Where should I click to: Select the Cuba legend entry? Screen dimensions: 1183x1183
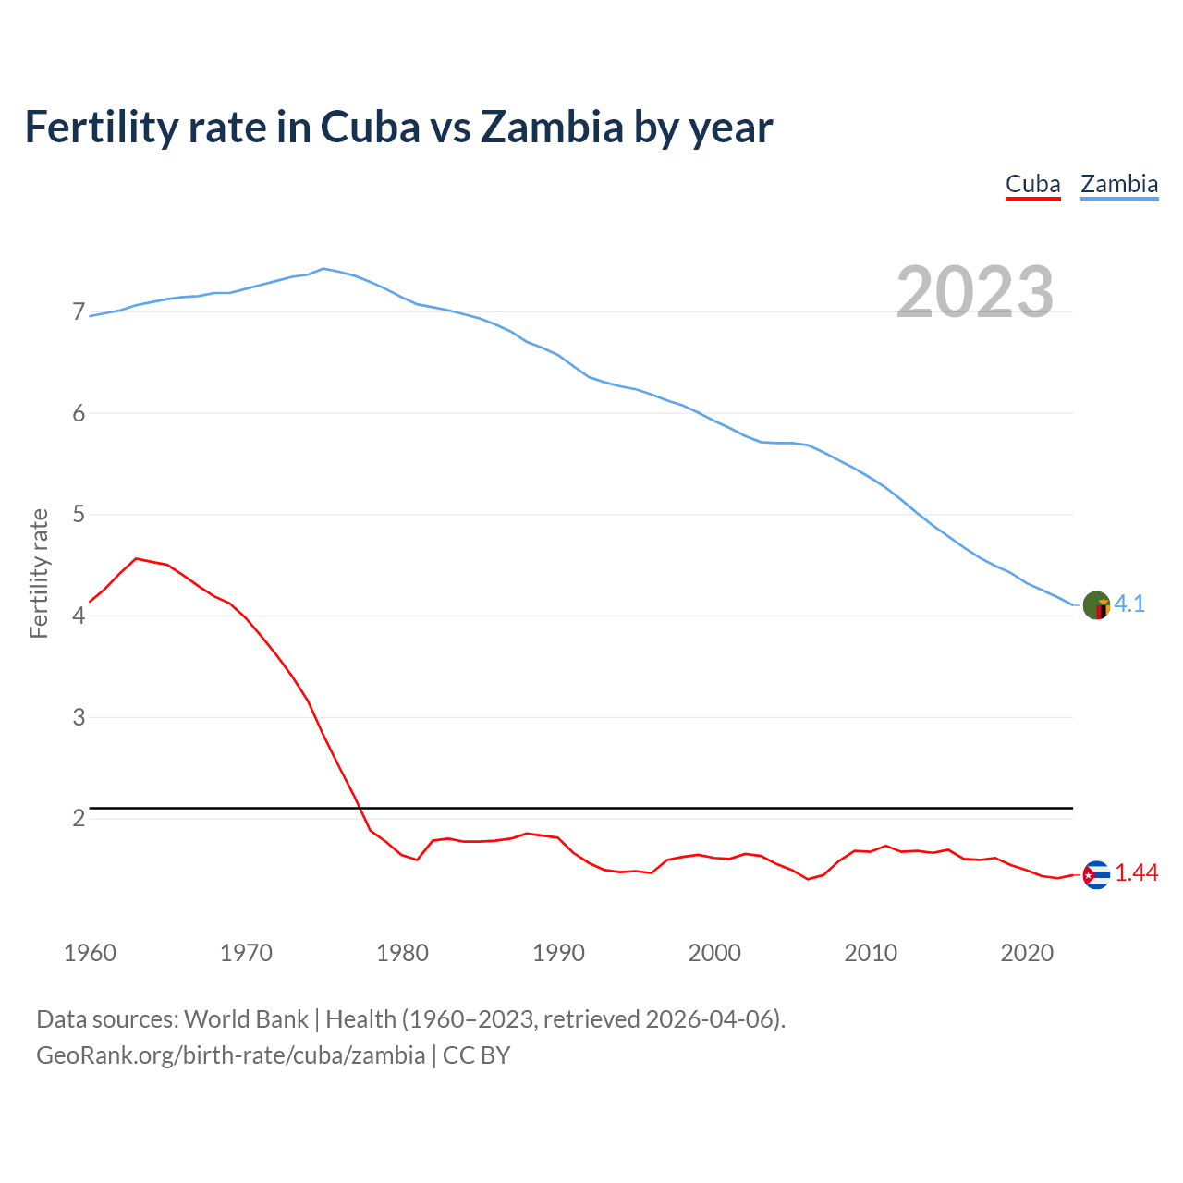(1032, 184)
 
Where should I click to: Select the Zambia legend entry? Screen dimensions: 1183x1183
(1119, 184)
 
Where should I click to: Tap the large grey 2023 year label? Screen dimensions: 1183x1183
(975, 292)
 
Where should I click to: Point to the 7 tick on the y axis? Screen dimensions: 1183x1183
(79, 312)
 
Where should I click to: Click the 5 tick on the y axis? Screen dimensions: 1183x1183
(79, 514)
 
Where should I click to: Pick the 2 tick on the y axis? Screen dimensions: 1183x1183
(79, 818)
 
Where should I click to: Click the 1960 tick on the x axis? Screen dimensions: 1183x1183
(90, 953)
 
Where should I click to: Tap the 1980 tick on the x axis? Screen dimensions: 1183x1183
(402, 953)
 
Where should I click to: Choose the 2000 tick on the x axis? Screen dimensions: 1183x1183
(714, 953)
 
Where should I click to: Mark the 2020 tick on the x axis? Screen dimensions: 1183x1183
(1027, 953)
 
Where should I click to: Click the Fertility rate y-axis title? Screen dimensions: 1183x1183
(39, 573)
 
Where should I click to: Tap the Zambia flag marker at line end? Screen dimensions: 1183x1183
(1096, 605)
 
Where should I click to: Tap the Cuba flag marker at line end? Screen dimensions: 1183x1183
(1096, 874)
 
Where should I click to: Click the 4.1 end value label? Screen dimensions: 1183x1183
(1129, 604)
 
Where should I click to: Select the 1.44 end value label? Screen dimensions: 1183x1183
(1136, 873)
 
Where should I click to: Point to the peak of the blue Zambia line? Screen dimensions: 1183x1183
(323, 268)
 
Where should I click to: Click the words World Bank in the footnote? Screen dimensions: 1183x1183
(246, 1019)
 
